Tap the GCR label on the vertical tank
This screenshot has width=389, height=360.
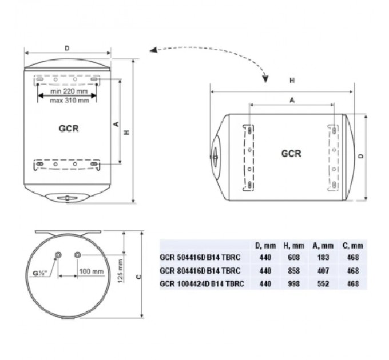(68, 129)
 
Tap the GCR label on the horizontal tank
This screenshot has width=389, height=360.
(291, 154)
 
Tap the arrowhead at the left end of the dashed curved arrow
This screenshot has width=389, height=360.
(153, 51)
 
